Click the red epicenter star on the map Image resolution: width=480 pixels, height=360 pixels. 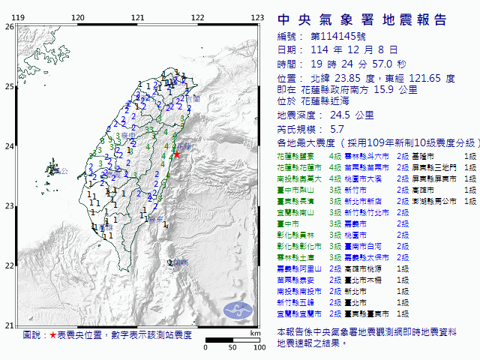coord(177,154)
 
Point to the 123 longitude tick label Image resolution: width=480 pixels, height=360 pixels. coord(257,17)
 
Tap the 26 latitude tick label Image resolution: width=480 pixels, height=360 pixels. coord(8,26)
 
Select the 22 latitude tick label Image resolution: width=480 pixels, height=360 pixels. coord(8,265)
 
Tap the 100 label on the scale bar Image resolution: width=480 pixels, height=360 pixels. coord(259,348)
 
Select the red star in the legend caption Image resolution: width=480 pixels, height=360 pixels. coord(52,335)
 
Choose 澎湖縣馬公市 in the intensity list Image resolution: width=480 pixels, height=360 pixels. coord(437,202)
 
